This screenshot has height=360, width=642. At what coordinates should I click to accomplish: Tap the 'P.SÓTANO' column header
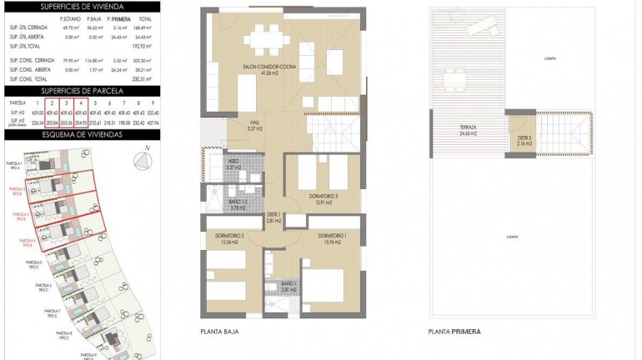(x=70, y=18)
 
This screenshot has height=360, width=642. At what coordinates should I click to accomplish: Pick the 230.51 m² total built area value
(x=150, y=79)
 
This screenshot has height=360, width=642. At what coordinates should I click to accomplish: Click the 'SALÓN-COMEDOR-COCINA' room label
(x=269, y=69)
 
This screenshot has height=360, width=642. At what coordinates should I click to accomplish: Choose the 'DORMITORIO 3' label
(x=319, y=197)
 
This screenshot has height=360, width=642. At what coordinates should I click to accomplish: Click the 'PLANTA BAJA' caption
(x=222, y=331)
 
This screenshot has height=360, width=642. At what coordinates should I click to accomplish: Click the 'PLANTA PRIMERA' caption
(x=455, y=331)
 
